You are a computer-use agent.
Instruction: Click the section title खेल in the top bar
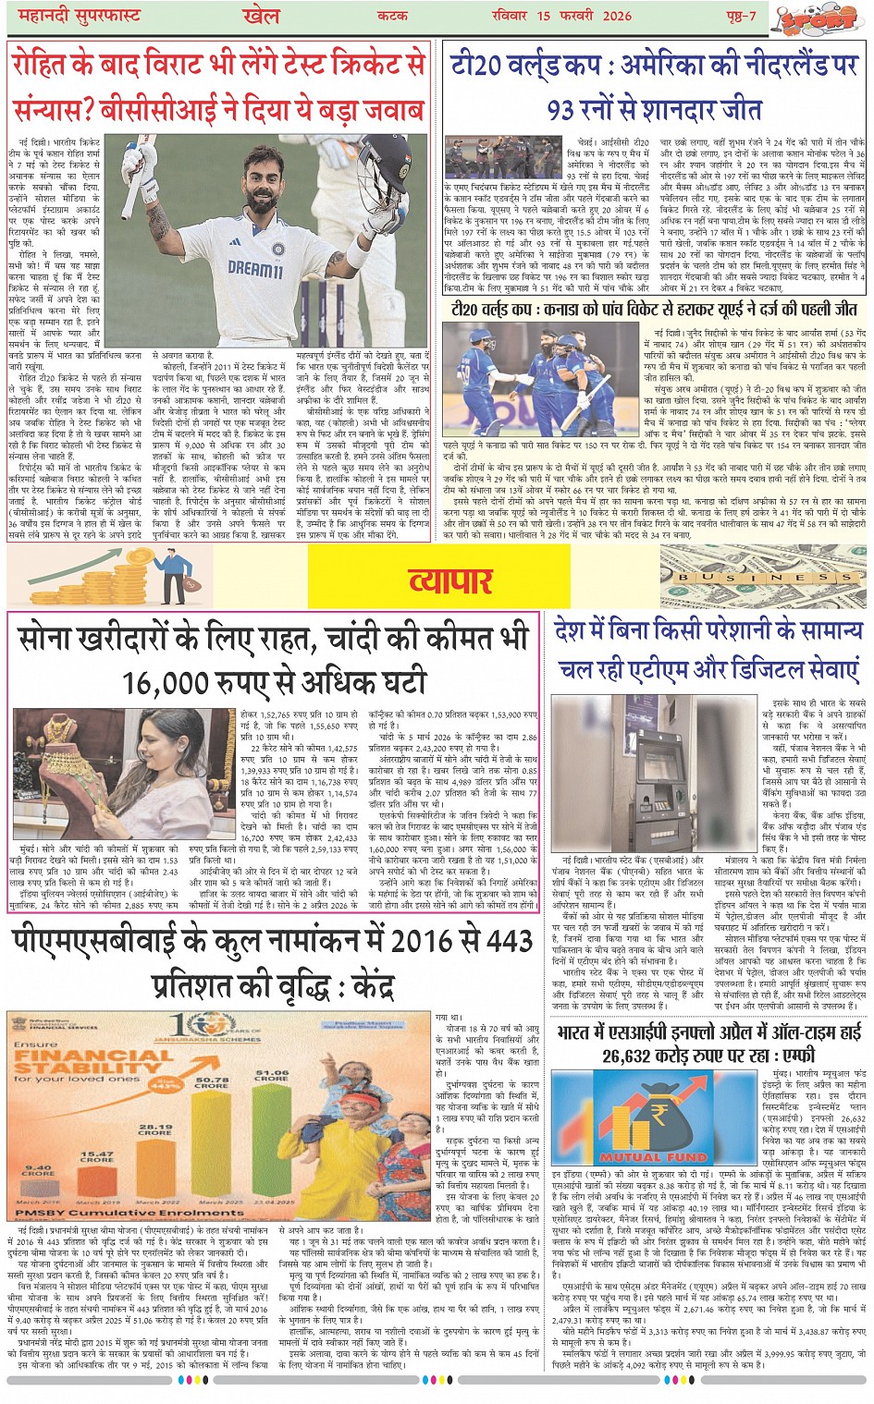pyautogui.click(x=261, y=16)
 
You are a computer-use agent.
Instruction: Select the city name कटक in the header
pyautogui.click(x=392, y=16)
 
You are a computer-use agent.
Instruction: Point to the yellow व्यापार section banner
pyautogui.click(x=450, y=580)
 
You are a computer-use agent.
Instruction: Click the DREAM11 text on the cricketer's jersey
pyautogui.click(x=254, y=270)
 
